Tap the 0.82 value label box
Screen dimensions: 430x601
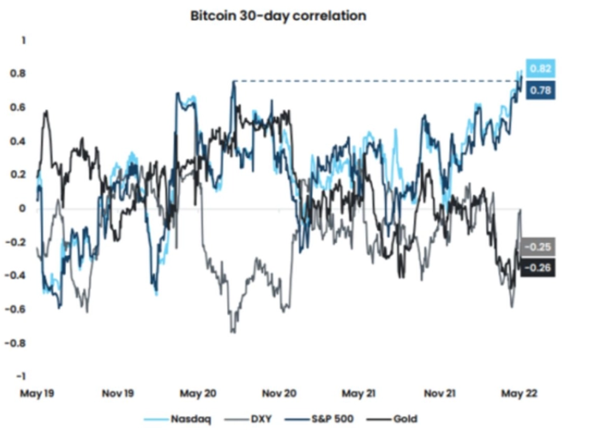click(541, 68)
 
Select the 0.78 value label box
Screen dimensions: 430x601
click(541, 91)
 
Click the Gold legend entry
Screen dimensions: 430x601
click(393, 419)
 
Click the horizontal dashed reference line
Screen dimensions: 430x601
click(373, 81)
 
